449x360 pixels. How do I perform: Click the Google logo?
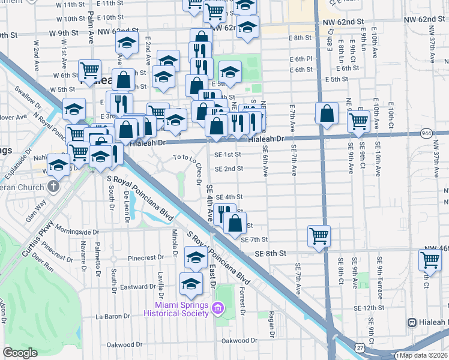pos(20,352)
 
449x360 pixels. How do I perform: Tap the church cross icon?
pos(53,187)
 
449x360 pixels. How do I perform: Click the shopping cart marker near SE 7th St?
pos(319,235)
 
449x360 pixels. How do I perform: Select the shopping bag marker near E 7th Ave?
pos(326,113)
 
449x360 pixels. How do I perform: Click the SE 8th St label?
pos(267,253)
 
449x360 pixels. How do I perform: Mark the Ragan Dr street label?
pos(272,325)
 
